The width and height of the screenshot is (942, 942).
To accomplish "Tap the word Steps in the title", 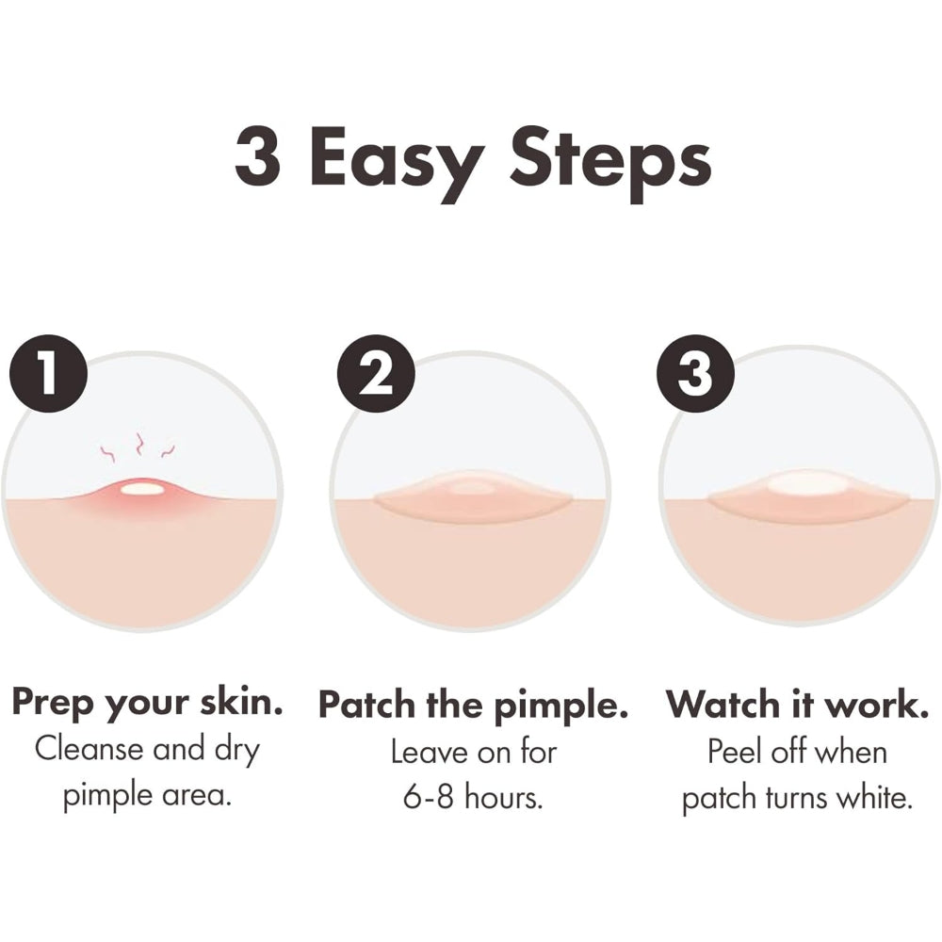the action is [610, 163].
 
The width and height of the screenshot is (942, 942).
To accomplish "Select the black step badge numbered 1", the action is [49, 373].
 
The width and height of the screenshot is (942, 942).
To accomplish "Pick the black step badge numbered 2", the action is [376, 373].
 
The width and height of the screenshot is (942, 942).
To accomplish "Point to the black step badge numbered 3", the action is [696, 373].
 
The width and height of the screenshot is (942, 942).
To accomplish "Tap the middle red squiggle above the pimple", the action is [139, 444].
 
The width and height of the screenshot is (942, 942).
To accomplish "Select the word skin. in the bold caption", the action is [241, 701].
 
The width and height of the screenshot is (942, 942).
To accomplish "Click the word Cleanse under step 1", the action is [89, 750].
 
